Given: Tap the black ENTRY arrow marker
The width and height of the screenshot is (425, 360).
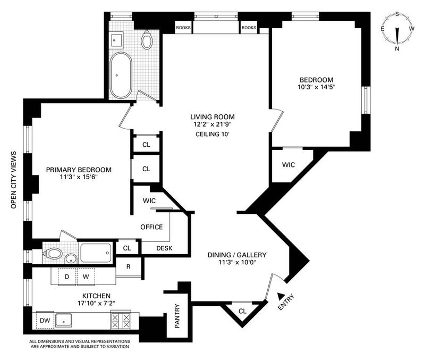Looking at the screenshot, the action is pyautogui.click(x=281, y=296).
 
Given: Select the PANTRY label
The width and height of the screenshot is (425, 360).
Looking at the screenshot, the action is pyautogui.click(x=177, y=316).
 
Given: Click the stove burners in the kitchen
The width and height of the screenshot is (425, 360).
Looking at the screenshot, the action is pyautogui.click(x=121, y=321).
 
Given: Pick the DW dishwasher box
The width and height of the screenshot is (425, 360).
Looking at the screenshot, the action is pyautogui.click(x=45, y=321).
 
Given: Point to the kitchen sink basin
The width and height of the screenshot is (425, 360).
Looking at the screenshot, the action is pyautogui.click(x=64, y=321).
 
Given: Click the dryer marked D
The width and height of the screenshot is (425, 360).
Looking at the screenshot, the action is pyautogui.click(x=67, y=277).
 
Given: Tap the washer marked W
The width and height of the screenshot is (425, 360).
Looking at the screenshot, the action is pyautogui.click(x=86, y=277).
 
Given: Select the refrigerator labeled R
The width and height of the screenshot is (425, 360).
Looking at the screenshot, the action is pyautogui.click(x=128, y=267).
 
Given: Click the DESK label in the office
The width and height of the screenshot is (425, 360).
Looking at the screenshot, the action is pyautogui.click(x=165, y=248).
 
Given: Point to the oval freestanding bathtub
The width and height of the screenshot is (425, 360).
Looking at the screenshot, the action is pyautogui.click(x=121, y=75).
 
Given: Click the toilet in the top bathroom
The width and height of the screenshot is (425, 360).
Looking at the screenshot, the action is pyautogui.click(x=147, y=40).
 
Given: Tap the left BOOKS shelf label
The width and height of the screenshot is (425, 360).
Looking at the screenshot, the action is pyautogui.click(x=183, y=28).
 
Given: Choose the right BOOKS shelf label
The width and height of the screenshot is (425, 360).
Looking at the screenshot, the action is pyautogui.click(x=249, y=28).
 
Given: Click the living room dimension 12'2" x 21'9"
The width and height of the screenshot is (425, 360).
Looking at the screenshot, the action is pyautogui.click(x=212, y=124).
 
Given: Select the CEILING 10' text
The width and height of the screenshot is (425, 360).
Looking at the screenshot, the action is pyautogui.click(x=212, y=134).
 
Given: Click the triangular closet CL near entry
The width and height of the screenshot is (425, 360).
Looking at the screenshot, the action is pyautogui.click(x=242, y=311).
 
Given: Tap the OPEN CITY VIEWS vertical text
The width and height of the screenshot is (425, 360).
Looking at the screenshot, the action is pyautogui.click(x=14, y=180).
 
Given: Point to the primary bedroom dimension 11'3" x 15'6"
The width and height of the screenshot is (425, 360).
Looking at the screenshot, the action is pyautogui.click(x=79, y=177).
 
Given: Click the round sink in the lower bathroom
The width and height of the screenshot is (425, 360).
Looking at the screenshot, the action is pyautogui.click(x=71, y=259).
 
